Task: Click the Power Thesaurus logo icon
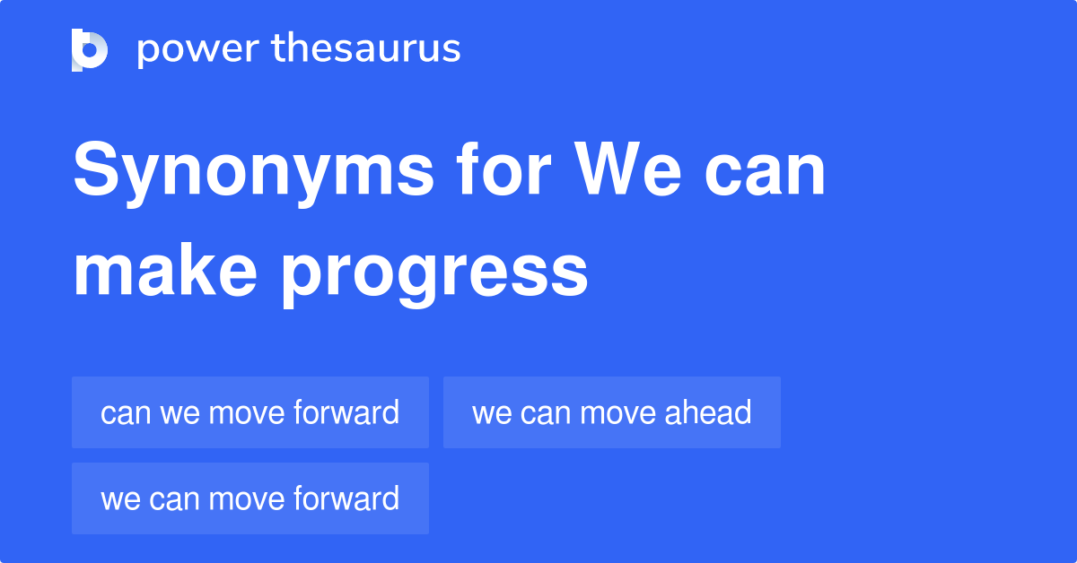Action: tap(90, 49)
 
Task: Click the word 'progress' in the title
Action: tap(434, 273)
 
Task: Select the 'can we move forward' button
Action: tap(250, 412)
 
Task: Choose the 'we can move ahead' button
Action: tap(611, 412)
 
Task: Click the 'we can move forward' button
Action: tap(250, 498)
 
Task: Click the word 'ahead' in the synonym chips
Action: tap(708, 412)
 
